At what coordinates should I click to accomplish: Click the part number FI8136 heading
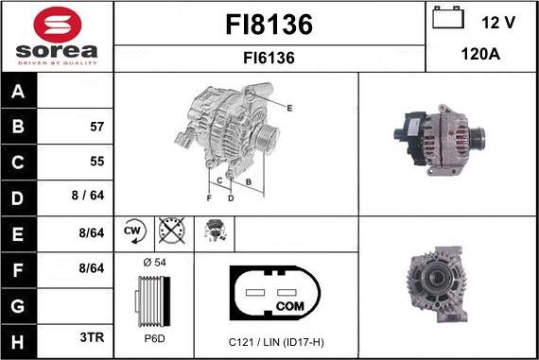(269, 23)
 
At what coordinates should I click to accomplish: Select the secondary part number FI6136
(269, 58)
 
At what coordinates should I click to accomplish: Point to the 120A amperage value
(480, 55)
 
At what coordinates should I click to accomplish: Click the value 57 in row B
(96, 126)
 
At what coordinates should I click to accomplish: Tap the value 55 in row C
(96, 162)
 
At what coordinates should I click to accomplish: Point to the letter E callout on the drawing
(289, 109)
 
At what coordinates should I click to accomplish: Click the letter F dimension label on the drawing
(209, 197)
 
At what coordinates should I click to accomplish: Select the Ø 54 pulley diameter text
(153, 261)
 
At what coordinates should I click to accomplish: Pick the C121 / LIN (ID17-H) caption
(276, 341)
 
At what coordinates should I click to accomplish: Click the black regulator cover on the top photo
(410, 137)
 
